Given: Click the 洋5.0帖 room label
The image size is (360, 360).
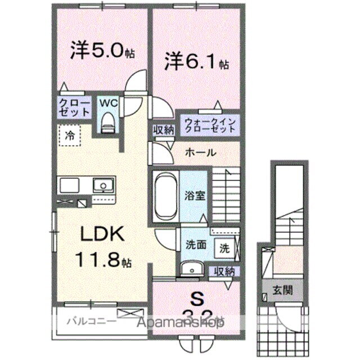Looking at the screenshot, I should [x=102, y=52].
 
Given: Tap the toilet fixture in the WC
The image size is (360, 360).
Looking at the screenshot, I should [x=107, y=122].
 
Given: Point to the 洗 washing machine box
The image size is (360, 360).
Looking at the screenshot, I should [x=224, y=246].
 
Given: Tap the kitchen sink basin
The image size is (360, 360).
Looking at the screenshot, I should [x=102, y=185].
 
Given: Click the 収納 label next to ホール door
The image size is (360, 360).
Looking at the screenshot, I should [x=164, y=130].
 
